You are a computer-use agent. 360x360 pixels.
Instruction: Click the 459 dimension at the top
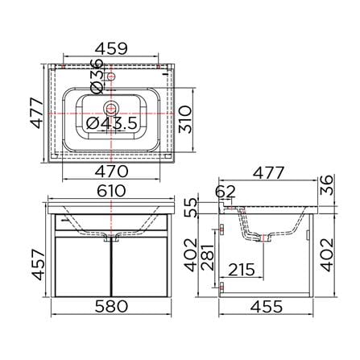(x=111, y=48)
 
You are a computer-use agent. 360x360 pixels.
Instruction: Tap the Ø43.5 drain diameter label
(x=112, y=123)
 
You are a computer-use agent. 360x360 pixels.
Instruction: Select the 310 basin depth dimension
(x=185, y=119)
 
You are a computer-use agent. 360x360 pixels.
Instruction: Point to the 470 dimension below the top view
(x=111, y=172)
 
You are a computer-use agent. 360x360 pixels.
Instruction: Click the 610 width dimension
(x=111, y=191)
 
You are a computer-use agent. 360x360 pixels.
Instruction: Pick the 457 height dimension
(x=38, y=265)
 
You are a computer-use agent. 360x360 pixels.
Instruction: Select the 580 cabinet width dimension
(x=111, y=306)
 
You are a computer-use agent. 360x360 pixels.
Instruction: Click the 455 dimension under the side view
(x=267, y=306)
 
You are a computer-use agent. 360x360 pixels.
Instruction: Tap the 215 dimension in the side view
(x=242, y=270)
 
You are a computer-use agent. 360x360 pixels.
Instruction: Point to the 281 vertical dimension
(x=208, y=257)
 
